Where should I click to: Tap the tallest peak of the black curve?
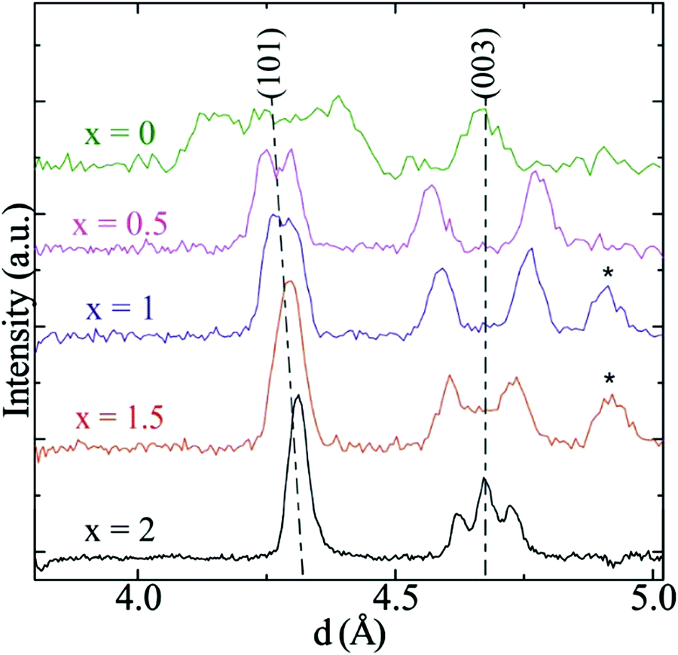pyautogui.click(x=298, y=396)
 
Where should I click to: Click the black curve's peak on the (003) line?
pyautogui.click(x=485, y=479)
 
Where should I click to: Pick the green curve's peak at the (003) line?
pyautogui.click(x=482, y=110)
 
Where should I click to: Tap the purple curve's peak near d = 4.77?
pyautogui.click(x=535, y=173)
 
